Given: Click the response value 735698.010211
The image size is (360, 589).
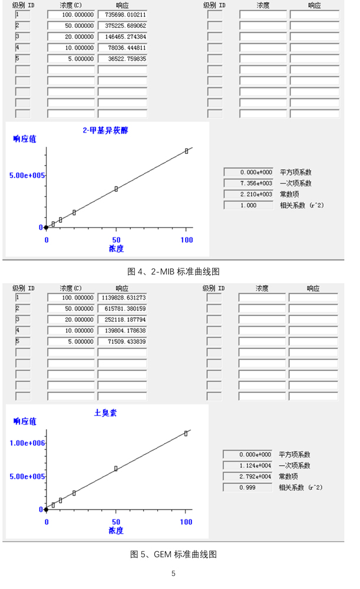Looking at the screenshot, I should pyautogui.click(x=122, y=15).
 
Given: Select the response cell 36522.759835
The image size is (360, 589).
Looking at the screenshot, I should pyautogui.click(x=122, y=60).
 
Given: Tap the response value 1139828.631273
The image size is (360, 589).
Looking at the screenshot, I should pyautogui.click(x=122, y=298).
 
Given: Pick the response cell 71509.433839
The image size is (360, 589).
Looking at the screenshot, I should pyautogui.click(x=122, y=342).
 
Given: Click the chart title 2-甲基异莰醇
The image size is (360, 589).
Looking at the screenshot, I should pyautogui.click(x=105, y=131).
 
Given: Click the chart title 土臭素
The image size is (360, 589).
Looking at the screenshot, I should pyautogui.click(x=105, y=413).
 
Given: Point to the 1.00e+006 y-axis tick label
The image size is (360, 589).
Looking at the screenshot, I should pyautogui.click(x=28, y=443).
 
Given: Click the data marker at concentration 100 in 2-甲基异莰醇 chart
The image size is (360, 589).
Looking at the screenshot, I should pyautogui.click(x=186, y=151).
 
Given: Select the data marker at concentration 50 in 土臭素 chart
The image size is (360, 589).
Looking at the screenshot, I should pyautogui.click(x=116, y=469).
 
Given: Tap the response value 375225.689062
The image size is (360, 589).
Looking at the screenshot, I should pyautogui.click(x=122, y=26).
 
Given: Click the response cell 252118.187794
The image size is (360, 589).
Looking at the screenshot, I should pyautogui.click(x=122, y=320).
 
